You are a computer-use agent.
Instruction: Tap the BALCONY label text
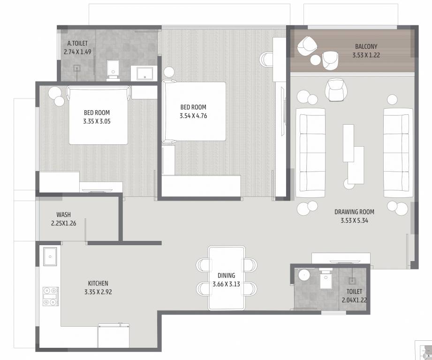click(366, 46)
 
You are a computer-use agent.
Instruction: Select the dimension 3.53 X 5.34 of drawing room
click(354, 220)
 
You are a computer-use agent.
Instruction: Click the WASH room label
click(63, 215)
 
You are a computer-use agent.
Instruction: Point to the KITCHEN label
click(98, 283)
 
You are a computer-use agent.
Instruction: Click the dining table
click(227, 277)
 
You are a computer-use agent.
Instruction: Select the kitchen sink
click(50, 256)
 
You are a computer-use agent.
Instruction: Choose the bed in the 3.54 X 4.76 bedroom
click(194, 111)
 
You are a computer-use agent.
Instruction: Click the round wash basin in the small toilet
click(304, 275)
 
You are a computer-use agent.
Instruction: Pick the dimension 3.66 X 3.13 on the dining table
click(227, 284)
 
